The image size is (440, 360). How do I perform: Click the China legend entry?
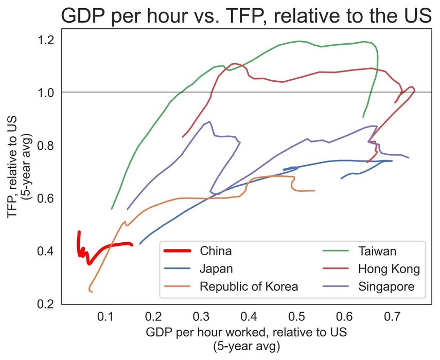coord(216,251)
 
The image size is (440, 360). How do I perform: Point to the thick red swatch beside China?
coord(178,251)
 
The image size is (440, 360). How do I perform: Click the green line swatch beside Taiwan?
coord(338,251)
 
